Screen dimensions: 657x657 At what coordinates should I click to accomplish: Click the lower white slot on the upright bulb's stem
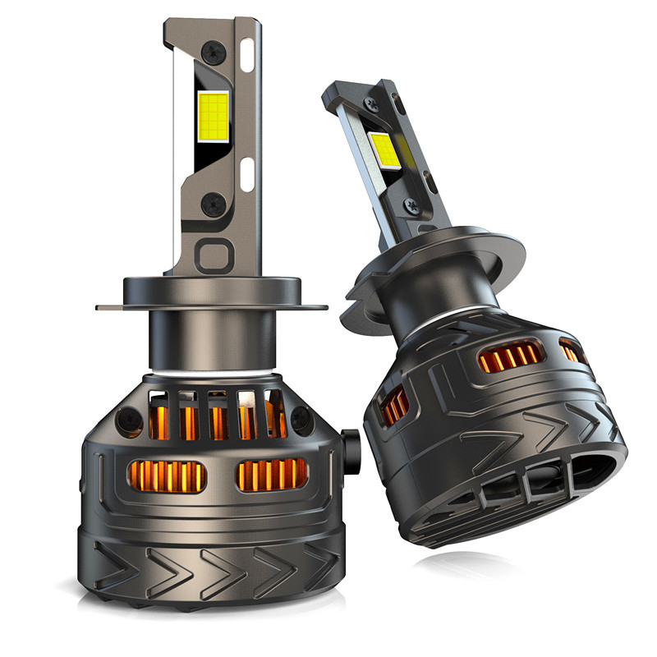tap(247, 173)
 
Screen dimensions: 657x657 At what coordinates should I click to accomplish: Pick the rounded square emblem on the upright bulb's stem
tap(211, 255)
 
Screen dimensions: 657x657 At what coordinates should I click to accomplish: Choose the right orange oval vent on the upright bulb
tap(272, 475)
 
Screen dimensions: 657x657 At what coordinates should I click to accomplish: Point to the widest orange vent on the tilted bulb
tap(510, 357)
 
